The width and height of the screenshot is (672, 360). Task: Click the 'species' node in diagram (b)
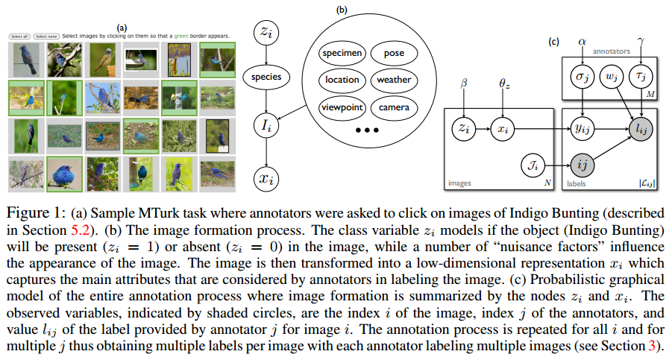(x=266, y=77)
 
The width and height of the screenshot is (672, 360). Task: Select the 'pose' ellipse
(x=394, y=53)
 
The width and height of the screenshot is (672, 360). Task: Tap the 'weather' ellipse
(x=394, y=80)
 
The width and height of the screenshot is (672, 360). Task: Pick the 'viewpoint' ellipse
(x=342, y=107)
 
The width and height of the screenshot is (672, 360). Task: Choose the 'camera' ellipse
(x=394, y=107)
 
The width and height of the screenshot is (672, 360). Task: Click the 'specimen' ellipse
(x=342, y=53)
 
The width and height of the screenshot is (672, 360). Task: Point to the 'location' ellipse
(x=342, y=80)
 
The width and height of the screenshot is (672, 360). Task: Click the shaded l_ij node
(x=641, y=128)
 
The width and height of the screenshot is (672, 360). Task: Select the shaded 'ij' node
(x=582, y=165)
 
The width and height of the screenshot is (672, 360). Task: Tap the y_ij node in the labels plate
(x=582, y=128)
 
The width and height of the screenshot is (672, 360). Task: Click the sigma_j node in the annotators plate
(x=582, y=77)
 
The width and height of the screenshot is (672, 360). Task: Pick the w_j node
(x=611, y=77)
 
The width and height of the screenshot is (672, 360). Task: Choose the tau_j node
(x=641, y=77)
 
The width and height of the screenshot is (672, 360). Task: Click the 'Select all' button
(x=19, y=37)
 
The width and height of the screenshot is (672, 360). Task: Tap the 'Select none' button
(x=46, y=37)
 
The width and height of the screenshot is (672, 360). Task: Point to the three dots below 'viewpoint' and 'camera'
(x=367, y=130)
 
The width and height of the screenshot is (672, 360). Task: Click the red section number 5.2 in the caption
(x=81, y=230)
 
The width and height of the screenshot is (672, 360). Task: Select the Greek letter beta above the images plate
(x=464, y=83)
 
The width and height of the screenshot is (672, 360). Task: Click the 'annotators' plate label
(x=612, y=51)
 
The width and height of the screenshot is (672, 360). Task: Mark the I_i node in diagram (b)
(x=266, y=125)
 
